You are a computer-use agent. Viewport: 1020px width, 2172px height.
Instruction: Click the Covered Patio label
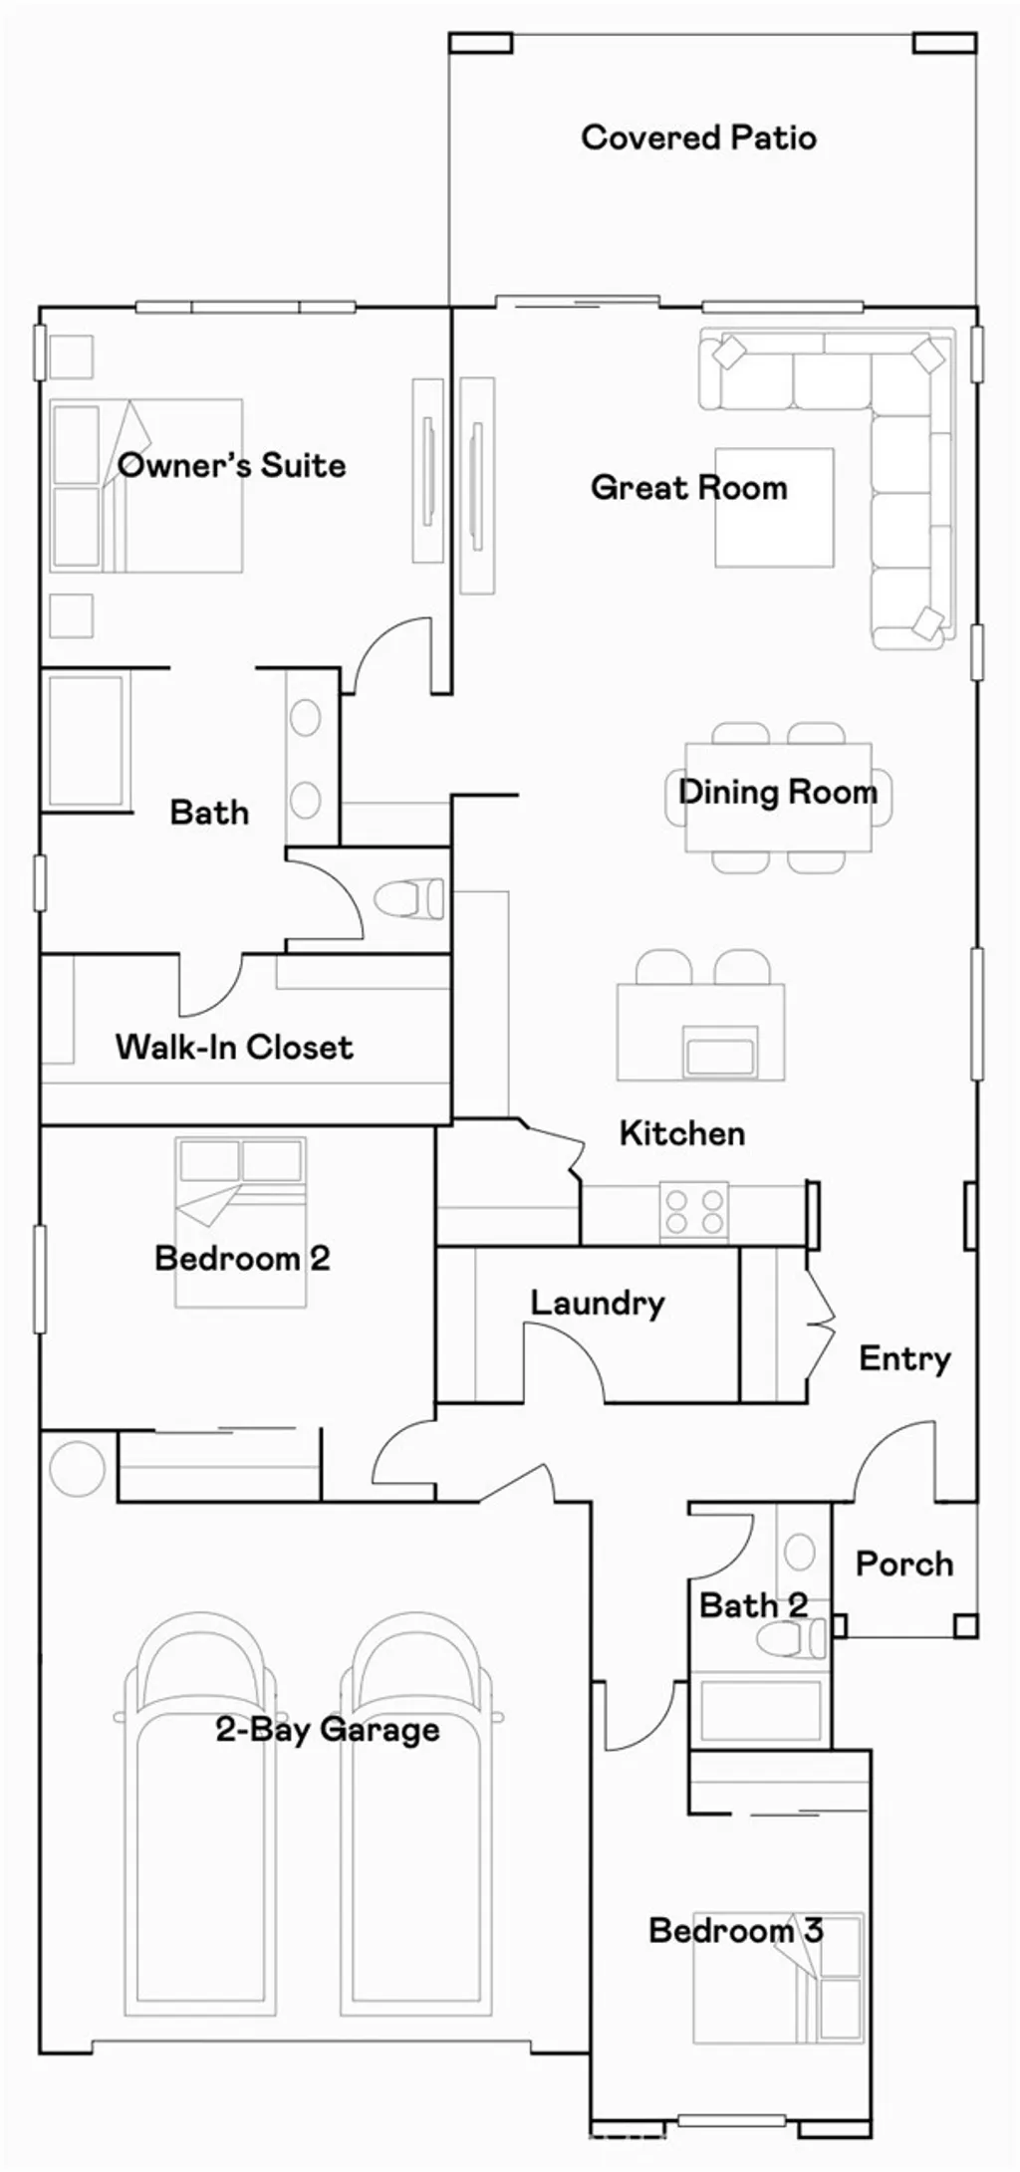tap(698, 137)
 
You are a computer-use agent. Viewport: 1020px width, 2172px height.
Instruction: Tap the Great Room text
tap(688, 487)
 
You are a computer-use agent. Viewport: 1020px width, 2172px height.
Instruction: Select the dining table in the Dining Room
tap(777, 797)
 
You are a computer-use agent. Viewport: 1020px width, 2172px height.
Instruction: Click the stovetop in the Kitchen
tap(694, 1211)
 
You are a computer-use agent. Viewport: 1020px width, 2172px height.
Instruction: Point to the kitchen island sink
tap(720, 1053)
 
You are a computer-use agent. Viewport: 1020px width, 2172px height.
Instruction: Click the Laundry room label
tap(597, 1303)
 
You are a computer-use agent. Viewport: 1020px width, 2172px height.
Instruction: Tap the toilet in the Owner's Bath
tap(410, 897)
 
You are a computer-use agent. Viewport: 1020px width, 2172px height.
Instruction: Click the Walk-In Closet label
tap(234, 1047)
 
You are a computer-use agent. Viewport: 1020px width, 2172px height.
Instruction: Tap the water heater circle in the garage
tap(77, 1469)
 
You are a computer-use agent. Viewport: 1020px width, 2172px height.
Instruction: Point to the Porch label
tap(903, 1564)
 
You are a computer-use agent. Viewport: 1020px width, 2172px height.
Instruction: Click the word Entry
tap(904, 1358)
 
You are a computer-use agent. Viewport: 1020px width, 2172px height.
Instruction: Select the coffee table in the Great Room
tap(774, 507)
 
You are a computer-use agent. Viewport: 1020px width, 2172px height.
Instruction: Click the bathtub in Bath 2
tap(760, 1709)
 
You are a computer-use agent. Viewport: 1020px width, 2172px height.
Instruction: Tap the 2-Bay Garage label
tap(327, 1729)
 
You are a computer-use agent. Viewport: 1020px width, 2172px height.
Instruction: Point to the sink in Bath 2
tap(799, 1551)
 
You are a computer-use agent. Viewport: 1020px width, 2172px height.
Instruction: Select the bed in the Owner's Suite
tap(146, 486)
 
